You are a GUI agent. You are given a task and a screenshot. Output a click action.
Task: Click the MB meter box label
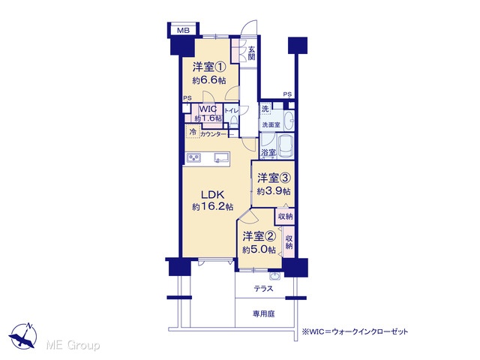click(x=183, y=30)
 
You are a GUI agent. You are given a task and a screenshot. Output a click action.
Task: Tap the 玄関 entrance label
click(x=252, y=53)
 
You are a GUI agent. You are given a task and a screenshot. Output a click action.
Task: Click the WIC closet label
click(x=208, y=109)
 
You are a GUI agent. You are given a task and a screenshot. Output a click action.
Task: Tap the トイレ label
click(x=231, y=111)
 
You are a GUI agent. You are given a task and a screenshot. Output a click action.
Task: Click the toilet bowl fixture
click(x=234, y=121)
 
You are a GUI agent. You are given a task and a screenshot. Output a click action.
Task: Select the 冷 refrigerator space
click(x=193, y=132)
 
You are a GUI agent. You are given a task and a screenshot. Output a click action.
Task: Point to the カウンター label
click(x=213, y=134)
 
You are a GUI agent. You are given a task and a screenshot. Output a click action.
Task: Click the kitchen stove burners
click(x=193, y=157)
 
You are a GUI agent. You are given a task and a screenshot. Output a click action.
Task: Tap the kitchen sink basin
click(x=221, y=157)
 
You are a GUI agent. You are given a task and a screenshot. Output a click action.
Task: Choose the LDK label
click(x=213, y=195)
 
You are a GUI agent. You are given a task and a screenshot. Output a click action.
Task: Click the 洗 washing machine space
click(x=265, y=109)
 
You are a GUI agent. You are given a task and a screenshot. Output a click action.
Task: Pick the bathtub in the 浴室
click(x=285, y=145)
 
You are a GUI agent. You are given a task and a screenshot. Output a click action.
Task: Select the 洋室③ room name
click(x=274, y=178)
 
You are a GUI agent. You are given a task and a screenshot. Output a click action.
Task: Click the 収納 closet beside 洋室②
click(x=289, y=241)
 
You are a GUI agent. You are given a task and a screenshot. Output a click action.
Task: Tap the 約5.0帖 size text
click(x=259, y=250)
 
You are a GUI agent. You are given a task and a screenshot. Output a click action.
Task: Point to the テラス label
click(x=263, y=288)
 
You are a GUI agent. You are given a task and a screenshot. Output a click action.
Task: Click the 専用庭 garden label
click(x=263, y=313)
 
